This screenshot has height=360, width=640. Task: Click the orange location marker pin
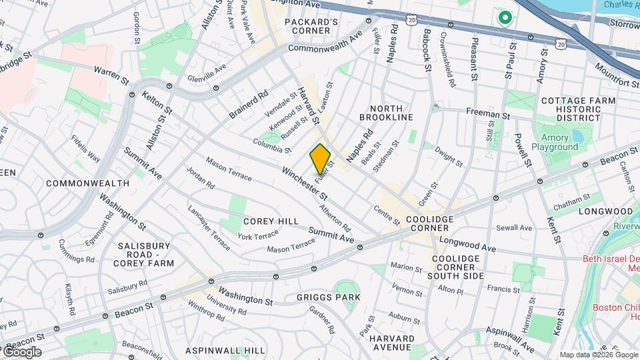(321, 159)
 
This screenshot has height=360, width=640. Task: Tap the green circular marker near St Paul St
(505, 17)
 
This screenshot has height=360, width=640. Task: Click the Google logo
(21, 352)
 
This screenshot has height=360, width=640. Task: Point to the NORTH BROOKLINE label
(386, 113)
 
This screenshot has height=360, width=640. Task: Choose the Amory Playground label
(555, 142)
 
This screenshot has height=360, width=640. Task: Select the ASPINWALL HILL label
(225, 351)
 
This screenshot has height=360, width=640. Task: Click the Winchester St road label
(305, 184)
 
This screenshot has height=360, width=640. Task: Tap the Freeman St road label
(487, 113)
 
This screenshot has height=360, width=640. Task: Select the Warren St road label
(111, 75)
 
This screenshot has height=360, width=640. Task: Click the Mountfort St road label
(617, 75)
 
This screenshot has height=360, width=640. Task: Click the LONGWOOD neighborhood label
(595, 211)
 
